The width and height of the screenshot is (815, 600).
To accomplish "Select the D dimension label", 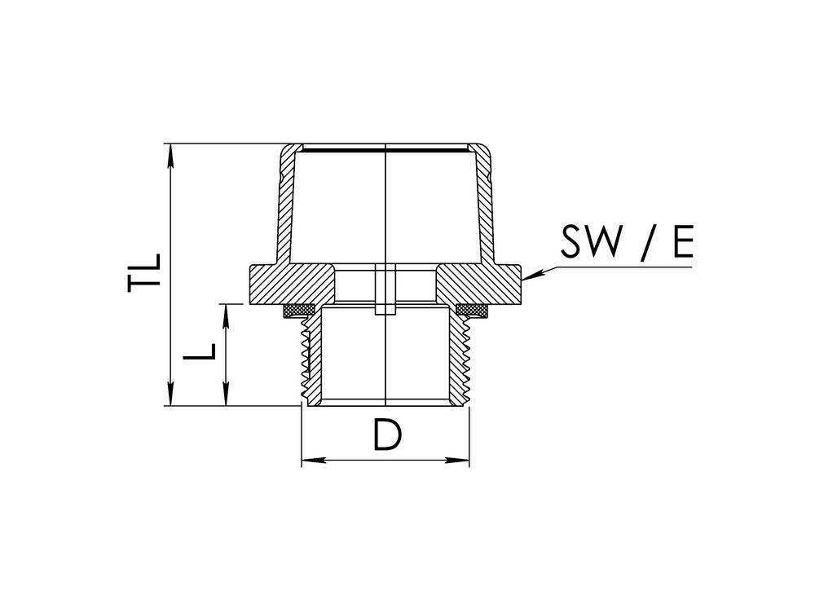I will coord(388,435).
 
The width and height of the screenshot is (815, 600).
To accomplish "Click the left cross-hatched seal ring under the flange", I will coord(299,310).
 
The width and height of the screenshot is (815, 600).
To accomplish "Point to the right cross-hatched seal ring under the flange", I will coord(472,310).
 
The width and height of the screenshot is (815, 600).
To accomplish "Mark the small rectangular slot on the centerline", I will coord(383,290).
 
